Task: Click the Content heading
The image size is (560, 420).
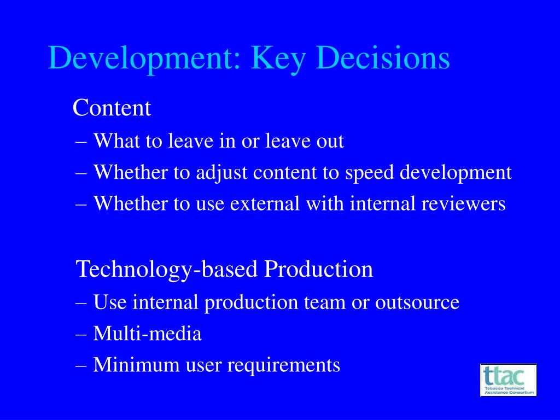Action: pos(112,108)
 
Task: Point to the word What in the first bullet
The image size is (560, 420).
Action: pos(116,141)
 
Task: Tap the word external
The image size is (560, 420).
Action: pos(265,203)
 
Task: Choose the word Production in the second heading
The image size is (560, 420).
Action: pos(318,269)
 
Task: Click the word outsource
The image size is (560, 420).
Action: pos(417,302)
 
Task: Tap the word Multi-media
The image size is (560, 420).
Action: pos(147,334)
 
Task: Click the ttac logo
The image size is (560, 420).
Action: pos(508,380)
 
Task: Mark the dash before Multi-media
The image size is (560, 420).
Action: pos(81,335)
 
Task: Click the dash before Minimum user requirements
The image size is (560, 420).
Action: pos(81,366)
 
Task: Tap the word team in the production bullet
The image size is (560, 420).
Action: pos(325,302)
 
